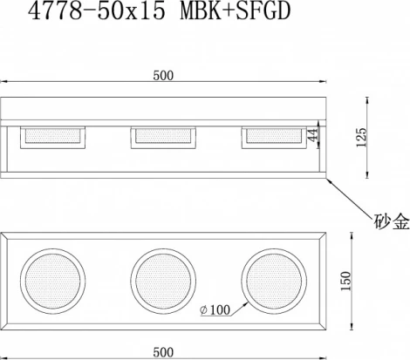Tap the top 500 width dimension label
click(x=163, y=76)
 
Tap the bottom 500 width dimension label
click(x=163, y=352)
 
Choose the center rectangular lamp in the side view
click(x=163, y=136)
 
